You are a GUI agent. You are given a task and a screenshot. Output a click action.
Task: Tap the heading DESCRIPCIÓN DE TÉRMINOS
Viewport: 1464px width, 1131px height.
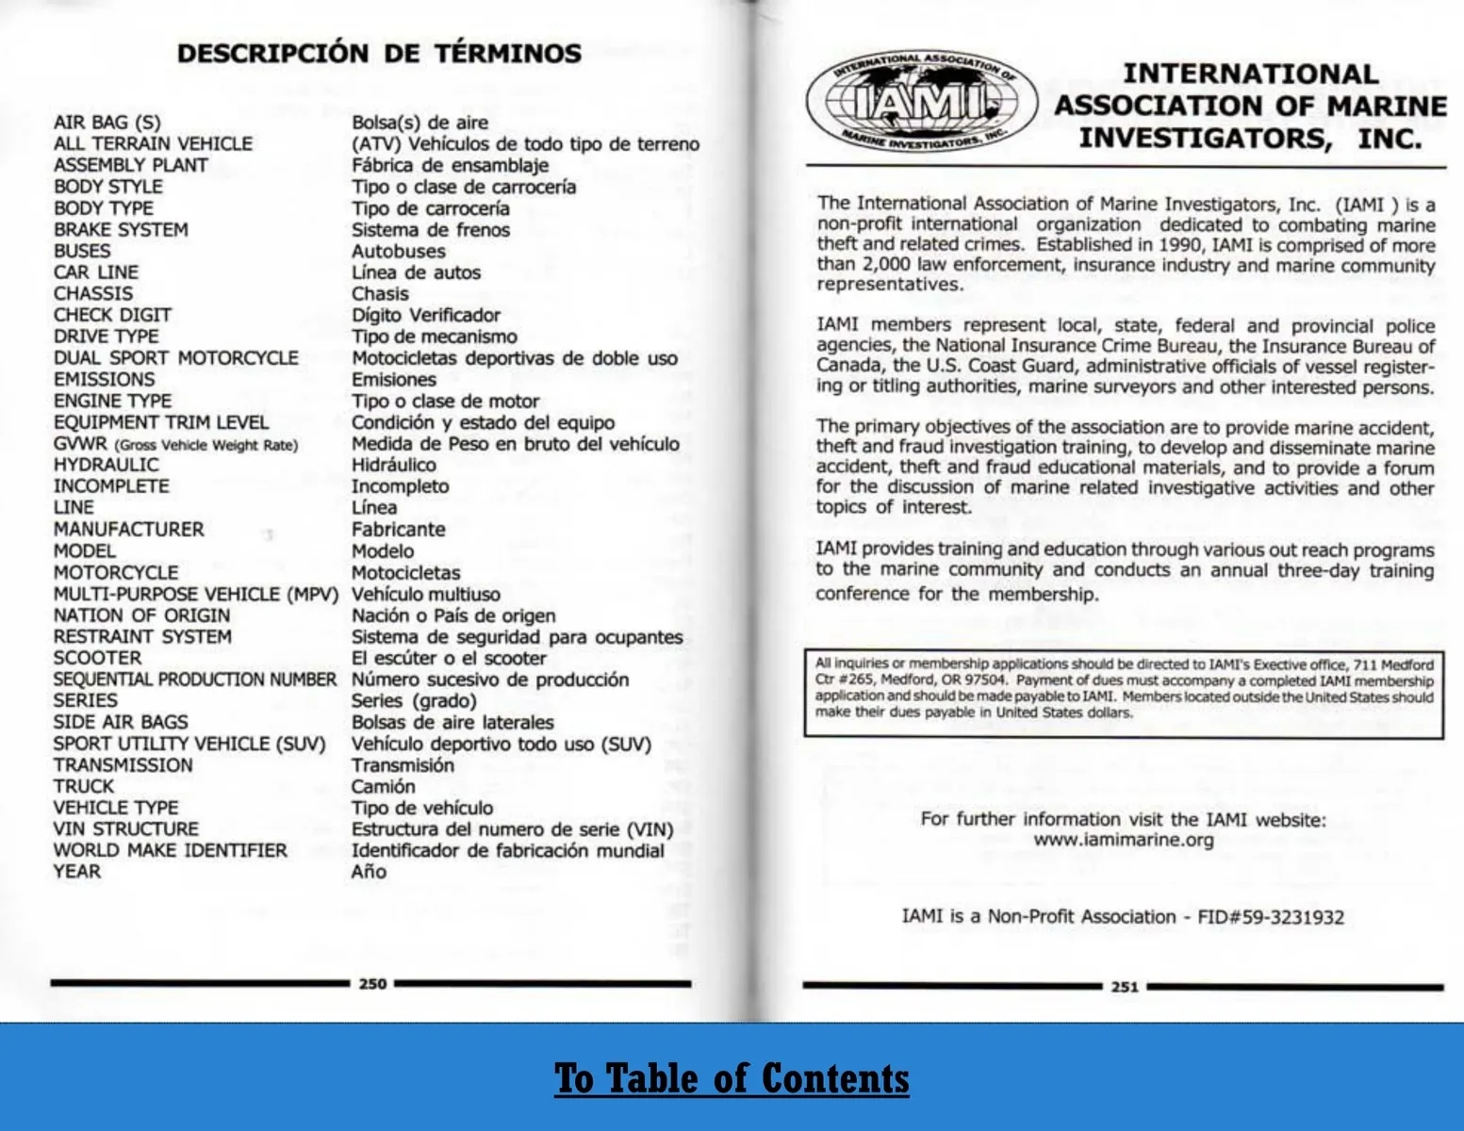point(379,54)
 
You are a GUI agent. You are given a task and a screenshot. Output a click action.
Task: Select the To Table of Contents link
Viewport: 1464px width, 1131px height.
point(732,1078)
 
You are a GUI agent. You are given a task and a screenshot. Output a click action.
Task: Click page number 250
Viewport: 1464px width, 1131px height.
point(372,984)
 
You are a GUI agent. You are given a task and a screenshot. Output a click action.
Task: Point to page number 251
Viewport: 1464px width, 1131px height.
point(1124,987)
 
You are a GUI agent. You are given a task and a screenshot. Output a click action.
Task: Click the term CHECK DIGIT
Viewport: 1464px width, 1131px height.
point(112,315)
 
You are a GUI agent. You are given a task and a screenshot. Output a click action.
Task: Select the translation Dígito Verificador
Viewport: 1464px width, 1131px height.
point(425,315)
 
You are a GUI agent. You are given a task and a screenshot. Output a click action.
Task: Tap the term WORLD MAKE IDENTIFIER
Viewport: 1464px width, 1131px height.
point(170,850)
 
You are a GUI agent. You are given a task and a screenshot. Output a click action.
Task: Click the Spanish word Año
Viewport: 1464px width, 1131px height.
point(369,872)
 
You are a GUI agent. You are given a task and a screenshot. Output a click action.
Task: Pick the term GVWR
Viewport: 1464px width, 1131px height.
point(80,444)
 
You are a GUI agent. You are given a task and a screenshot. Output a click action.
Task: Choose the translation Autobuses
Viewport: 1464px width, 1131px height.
point(398,251)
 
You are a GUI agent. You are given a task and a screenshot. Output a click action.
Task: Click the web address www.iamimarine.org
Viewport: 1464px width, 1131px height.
point(1123,840)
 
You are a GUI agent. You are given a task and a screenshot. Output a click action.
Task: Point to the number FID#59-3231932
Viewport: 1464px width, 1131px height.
point(1270,917)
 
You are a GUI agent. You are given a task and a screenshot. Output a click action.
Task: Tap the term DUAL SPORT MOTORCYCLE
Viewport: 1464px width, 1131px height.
point(175,358)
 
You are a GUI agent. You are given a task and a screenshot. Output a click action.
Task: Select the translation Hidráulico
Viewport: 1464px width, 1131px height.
point(393,465)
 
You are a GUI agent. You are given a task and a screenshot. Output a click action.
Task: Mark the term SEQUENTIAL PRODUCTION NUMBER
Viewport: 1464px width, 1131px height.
point(194,680)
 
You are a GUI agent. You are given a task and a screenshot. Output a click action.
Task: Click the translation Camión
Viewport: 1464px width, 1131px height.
point(383,786)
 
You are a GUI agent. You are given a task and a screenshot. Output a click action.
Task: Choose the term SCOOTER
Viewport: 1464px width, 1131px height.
point(97,658)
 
